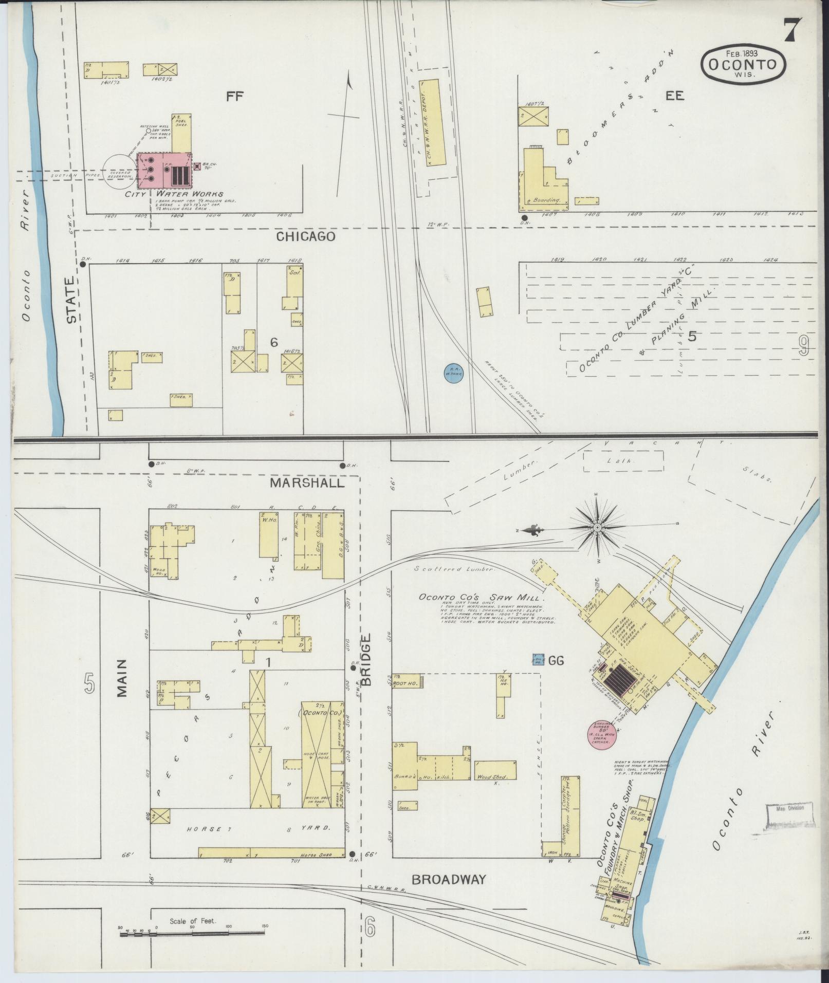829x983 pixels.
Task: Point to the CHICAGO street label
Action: (306, 236)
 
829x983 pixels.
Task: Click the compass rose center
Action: (598, 528)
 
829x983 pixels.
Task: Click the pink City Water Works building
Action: (164, 170)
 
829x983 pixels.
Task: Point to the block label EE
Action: (675, 96)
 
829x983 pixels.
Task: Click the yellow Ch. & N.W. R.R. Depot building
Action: (434, 122)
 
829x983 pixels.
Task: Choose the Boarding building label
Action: (545, 200)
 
